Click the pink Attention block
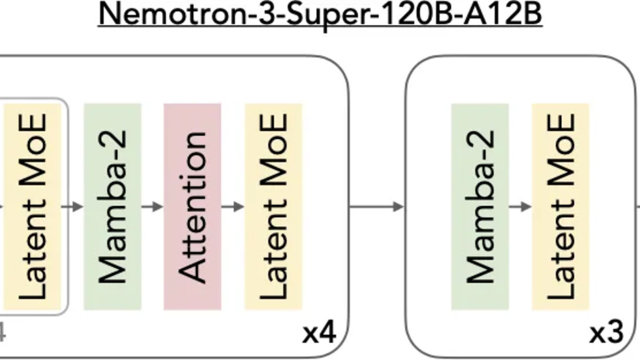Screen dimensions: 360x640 click(x=193, y=206)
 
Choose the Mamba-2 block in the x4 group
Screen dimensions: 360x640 click(x=113, y=206)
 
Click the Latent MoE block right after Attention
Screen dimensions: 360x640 click(x=274, y=206)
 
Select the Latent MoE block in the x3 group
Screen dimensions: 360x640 click(x=561, y=206)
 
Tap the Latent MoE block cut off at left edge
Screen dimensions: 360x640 click(x=33, y=206)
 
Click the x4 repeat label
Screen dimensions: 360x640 click(x=319, y=334)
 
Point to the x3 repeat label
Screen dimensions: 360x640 click(x=606, y=334)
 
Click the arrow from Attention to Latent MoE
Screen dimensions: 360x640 click(x=233, y=206)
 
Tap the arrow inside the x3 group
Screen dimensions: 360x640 click(x=521, y=206)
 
